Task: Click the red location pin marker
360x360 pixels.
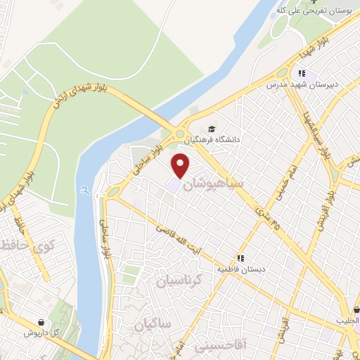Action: (181, 166)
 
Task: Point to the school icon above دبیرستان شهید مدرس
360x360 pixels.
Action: (302, 73)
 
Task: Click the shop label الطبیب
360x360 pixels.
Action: (347, 320)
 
